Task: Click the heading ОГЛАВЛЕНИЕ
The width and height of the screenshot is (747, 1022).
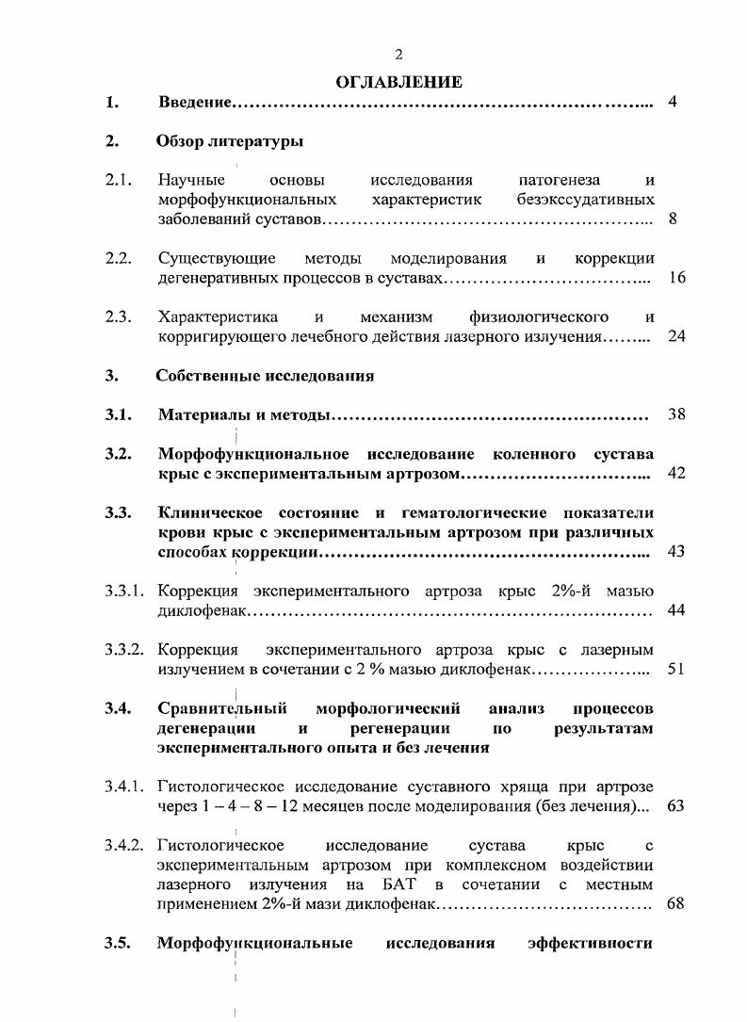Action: tap(398, 82)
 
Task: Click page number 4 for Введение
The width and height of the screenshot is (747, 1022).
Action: tap(673, 102)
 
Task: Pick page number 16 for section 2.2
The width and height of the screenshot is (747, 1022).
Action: tap(675, 279)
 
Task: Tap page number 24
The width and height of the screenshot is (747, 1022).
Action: tap(675, 336)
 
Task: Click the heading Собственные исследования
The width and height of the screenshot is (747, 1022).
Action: tap(266, 376)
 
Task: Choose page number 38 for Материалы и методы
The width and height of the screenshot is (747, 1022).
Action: tap(675, 414)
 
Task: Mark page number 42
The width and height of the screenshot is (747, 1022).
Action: tap(675, 473)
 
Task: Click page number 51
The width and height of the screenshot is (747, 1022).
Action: tap(675, 669)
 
